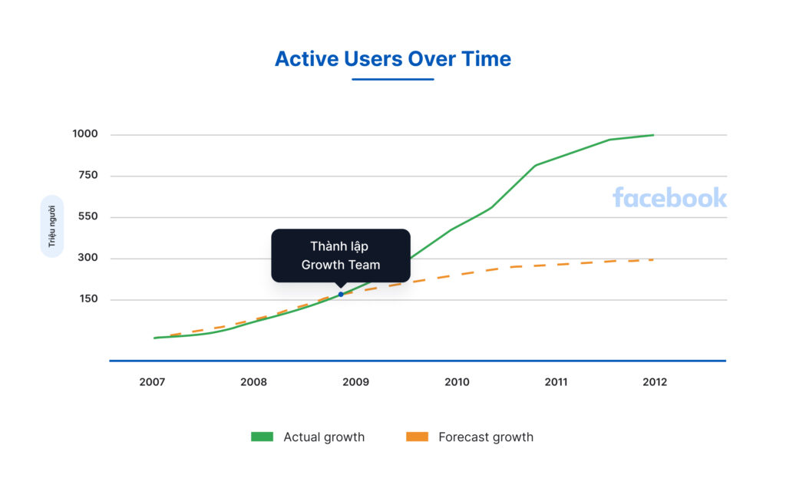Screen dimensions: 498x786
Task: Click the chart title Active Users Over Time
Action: [x=392, y=59]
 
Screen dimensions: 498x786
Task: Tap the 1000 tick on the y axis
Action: [x=85, y=134]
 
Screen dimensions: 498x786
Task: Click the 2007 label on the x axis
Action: [x=152, y=382]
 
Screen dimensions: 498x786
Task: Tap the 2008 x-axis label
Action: [x=253, y=382]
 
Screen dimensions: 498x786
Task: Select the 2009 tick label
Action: [x=355, y=382]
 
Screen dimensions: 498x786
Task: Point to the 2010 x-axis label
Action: [x=457, y=382]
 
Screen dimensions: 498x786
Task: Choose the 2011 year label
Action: [x=556, y=382]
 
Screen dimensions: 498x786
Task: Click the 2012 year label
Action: [x=655, y=382]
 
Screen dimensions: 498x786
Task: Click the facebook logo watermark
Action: [x=669, y=198]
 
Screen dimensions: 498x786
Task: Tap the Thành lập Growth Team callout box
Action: [x=340, y=256]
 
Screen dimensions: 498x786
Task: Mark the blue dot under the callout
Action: [x=341, y=295]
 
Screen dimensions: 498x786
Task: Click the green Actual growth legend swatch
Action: [x=262, y=437]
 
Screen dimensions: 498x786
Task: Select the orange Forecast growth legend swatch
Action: [x=417, y=437]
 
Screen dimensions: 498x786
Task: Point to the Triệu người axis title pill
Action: [x=52, y=226]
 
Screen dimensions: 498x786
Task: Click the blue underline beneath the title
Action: [x=392, y=79]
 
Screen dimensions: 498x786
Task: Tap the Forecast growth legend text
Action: [x=485, y=437]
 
